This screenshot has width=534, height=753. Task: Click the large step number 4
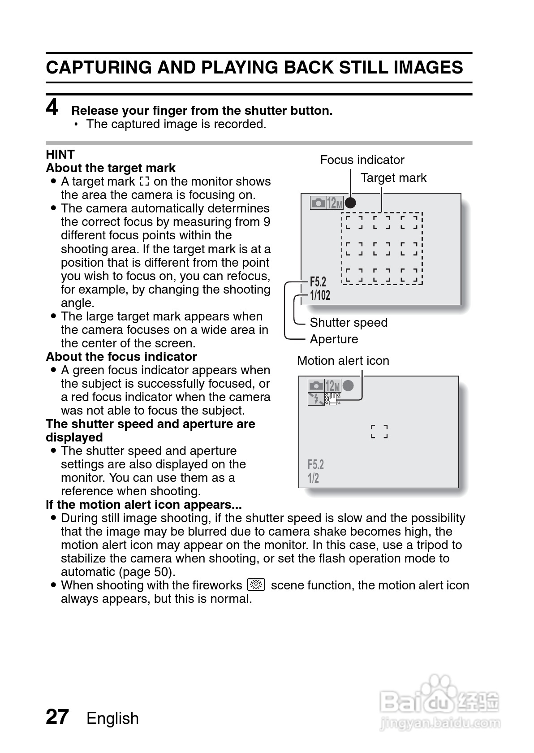pos(52,108)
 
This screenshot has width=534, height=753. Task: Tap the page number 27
pos(57,717)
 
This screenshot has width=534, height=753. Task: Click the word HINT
pos(60,154)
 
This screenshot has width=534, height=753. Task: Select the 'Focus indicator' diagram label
pos(362,160)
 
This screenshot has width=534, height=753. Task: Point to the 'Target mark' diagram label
pos(393,178)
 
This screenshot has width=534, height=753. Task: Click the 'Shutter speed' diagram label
pos(349,323)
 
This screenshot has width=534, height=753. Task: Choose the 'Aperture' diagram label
pos(334,339)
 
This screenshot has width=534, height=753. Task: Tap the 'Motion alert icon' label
pos(343,361)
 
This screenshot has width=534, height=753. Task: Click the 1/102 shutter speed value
pos(320,295)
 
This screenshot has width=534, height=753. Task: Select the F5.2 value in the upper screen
pos(318,282)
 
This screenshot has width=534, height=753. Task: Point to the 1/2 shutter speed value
pos(313,478)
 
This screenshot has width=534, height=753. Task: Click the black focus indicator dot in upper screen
pos(350,203)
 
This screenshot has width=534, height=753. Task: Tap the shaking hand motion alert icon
pos(333,398)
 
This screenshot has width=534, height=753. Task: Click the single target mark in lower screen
pos(379,432)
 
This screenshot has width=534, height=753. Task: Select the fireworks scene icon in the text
pos(256,585)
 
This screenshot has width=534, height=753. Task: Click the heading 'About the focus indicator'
pos(121,357)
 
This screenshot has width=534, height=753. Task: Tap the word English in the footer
pos(112,718)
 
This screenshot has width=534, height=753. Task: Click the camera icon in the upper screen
pos(318,203)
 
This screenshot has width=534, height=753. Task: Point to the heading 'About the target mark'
pos(111,168)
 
